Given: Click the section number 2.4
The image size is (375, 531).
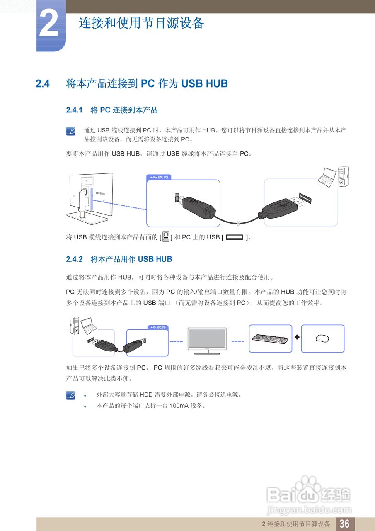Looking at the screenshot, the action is click(43, 84).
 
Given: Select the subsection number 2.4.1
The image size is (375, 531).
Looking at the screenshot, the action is click(75, 110).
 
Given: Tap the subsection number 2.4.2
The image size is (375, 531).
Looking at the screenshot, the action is click(75, 259).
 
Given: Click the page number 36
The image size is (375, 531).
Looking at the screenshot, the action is click(344, 524).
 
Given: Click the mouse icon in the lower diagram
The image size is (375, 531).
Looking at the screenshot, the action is click(322, 338).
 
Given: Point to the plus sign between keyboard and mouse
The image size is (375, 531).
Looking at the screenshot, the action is click(297, 337).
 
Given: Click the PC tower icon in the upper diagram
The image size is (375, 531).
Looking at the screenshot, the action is click(343, 176).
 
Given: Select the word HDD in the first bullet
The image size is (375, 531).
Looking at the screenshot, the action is click(146, 395).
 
